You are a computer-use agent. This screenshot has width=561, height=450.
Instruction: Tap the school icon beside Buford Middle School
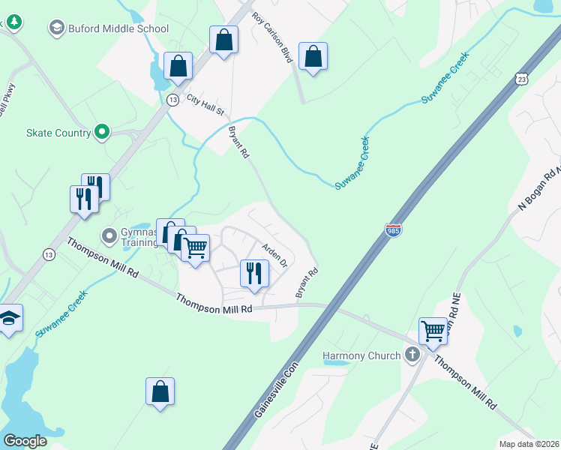[56, 29]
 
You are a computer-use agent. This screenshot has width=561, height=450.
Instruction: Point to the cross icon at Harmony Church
[411, 355]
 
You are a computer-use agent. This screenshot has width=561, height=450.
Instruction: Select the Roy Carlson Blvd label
[271, 36]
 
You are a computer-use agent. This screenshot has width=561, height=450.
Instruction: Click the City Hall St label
[205, 105]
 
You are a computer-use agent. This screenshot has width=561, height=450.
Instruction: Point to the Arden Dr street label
[274, 255]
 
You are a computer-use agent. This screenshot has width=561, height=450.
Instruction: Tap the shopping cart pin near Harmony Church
[433, 331]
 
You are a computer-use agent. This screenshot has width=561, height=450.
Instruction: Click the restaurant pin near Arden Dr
[254, 274]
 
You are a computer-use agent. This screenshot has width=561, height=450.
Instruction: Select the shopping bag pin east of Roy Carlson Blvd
[313, 56]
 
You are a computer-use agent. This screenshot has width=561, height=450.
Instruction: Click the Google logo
[25, 441]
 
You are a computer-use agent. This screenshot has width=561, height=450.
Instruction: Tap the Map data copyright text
[529, 444]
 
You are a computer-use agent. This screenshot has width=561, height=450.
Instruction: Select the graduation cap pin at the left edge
[9, 319]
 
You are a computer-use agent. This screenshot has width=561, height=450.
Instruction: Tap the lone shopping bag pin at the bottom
[160, 391]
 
